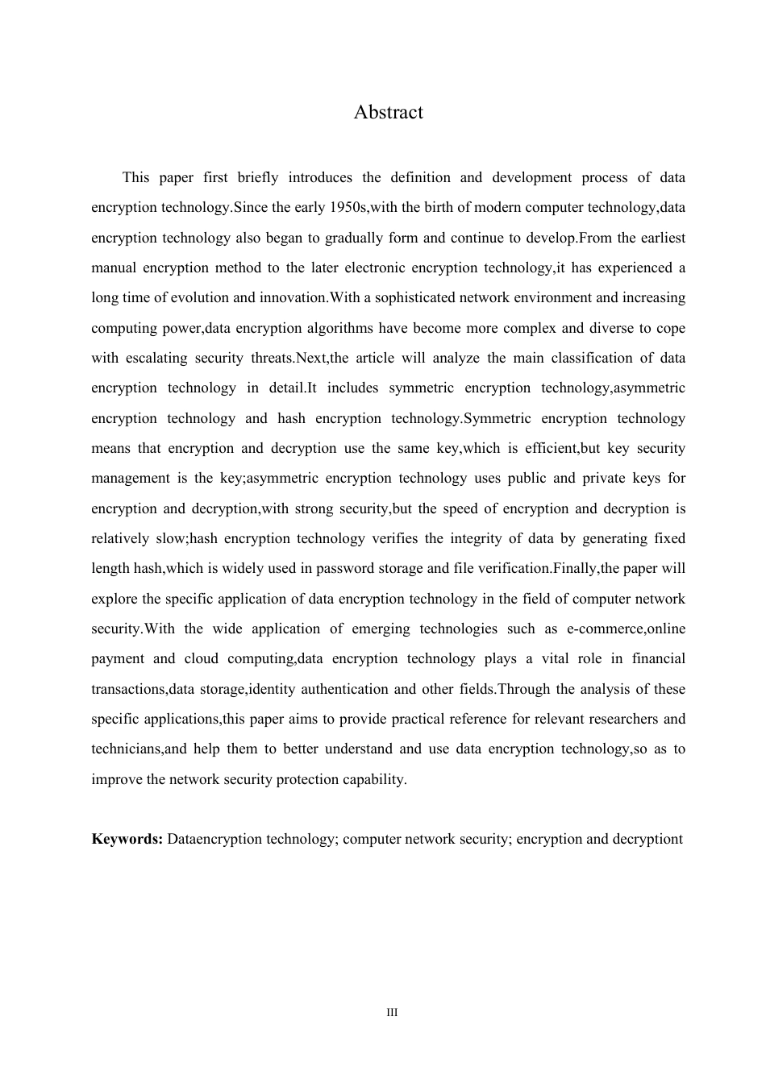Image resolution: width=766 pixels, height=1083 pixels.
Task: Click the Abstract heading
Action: (388, 112)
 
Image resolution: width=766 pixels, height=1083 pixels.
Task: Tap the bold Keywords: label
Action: (127, 839)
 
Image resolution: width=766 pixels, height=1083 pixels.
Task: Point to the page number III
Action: (392, 1012)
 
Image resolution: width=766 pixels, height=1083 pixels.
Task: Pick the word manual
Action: (114, 268)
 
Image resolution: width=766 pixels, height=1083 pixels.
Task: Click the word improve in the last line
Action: (116, 779)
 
